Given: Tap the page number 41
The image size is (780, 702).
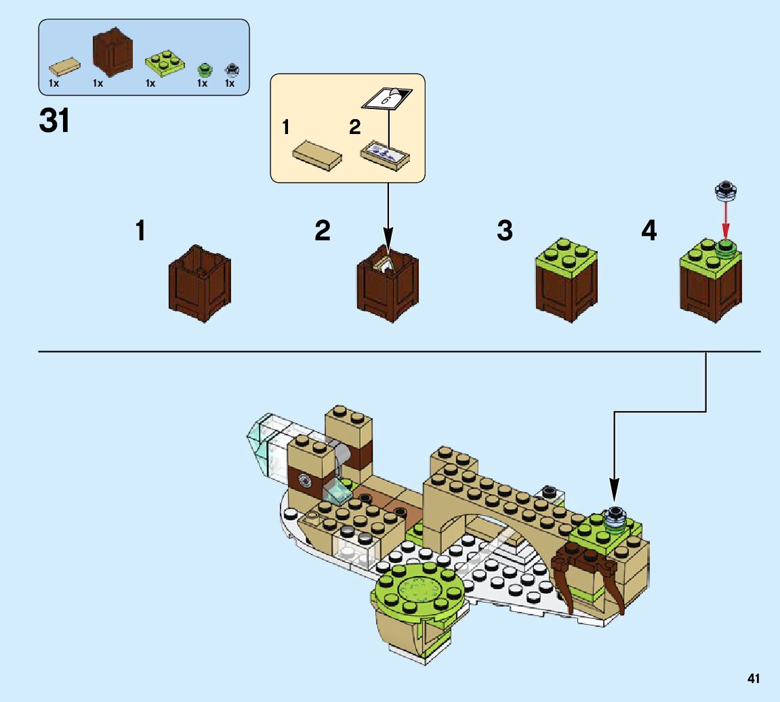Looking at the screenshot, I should [754, 678].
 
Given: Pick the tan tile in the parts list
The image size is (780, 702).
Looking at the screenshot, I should [65, 66].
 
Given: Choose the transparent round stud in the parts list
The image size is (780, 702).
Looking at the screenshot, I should [230, 69].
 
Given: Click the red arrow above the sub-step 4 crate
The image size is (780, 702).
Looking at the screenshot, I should [726, 220].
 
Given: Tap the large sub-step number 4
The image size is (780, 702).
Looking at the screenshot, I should [649, 232].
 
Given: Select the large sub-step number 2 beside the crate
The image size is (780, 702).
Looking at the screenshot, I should [323, 232].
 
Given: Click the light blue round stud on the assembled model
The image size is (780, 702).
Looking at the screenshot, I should [616, 516].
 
